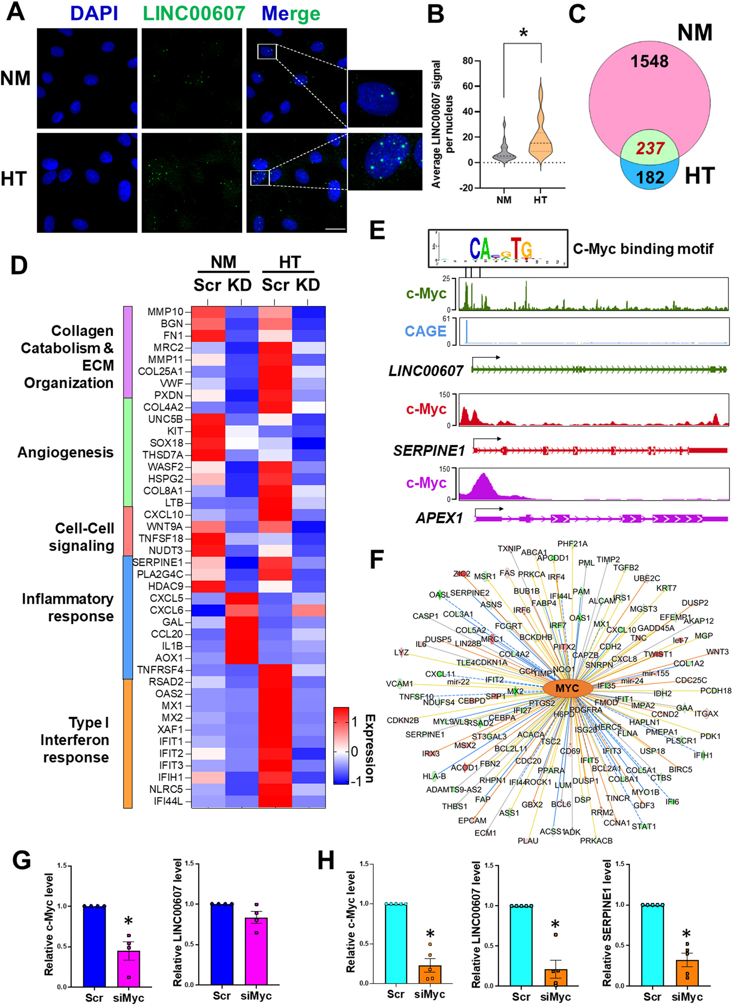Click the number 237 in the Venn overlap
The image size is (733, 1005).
click(649, 148)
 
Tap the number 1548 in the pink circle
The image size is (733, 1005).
click(649, 61)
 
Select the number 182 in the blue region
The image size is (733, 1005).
click(650, 177)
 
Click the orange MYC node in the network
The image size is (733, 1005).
click(568, 688)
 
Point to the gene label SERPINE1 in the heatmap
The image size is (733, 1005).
click(158, 562)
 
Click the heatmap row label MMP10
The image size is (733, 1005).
click(165, 312)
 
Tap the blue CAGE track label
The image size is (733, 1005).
click(425, 331)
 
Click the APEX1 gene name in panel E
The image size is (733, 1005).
click(439, 518)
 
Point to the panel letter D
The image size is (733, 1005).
click(19, 265)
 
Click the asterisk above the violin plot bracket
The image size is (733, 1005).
click(523, 33)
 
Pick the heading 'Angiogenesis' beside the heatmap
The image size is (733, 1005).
click(65, 452)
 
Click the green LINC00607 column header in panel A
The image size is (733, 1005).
click(194, 13)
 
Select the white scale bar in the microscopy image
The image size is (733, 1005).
click(338, 229)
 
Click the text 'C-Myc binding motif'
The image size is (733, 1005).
click(643, 249)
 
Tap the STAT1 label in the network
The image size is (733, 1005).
click(643, 826)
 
